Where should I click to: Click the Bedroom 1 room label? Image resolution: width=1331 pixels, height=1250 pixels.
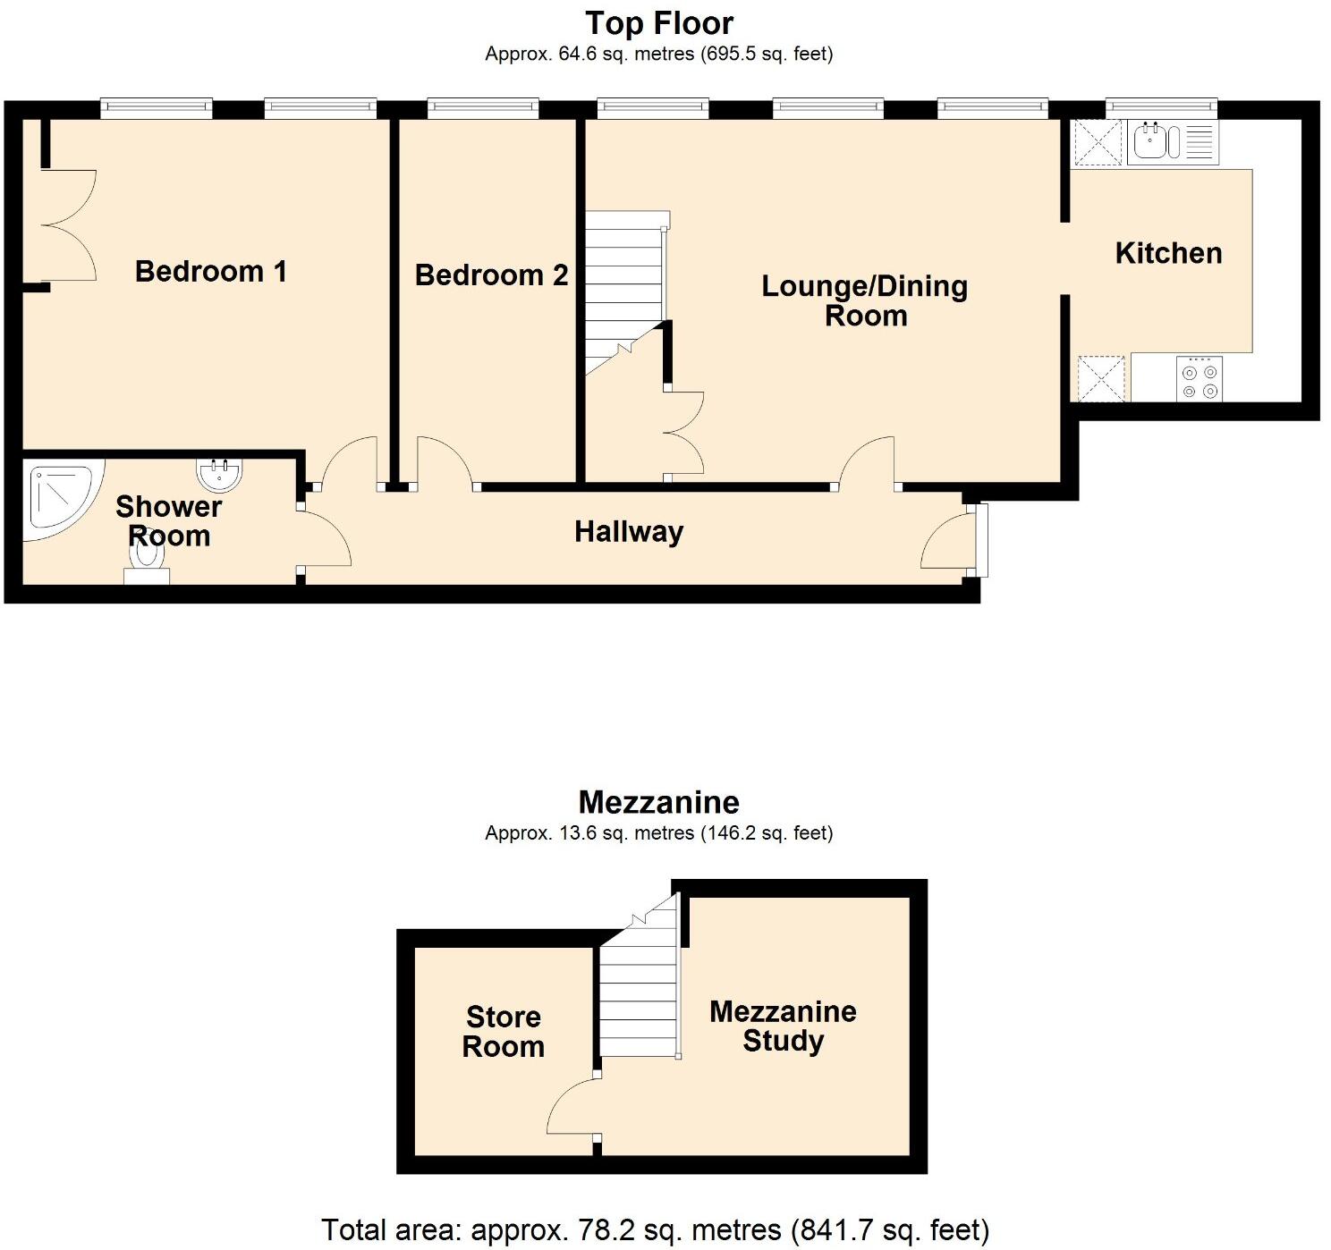210,271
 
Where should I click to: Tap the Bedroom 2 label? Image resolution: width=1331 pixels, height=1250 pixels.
491,274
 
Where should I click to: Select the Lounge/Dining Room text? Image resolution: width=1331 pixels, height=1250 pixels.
864,300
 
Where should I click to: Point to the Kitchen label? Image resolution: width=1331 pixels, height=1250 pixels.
1168,253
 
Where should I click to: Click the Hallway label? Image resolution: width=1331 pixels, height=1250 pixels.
628,531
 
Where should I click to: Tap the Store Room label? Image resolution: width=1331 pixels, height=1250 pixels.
503,1031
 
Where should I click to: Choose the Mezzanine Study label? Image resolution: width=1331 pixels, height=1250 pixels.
783,1026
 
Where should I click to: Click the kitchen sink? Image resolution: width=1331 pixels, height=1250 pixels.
1149,141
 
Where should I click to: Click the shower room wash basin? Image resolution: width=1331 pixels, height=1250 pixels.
218,474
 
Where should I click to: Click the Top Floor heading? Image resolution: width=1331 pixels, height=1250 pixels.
658,23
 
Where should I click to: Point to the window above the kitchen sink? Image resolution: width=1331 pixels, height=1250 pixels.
1161,107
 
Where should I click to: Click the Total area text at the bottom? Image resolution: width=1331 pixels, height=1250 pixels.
655,1229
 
